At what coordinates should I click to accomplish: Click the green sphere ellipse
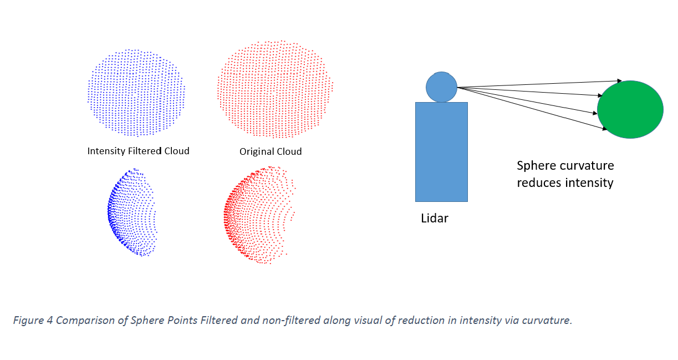(x=630, y=110)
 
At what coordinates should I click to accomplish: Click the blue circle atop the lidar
(x=441, y=87)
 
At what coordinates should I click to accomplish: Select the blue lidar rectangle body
(x=441, y=151)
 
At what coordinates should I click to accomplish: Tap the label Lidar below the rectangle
(x=434, y=219)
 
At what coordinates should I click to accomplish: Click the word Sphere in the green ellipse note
(x=535, y=166)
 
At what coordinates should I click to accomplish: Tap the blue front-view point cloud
(x=136, y=93)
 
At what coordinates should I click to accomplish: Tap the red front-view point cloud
(x=274, y=89)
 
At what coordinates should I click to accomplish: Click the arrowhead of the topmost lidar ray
(x=619, y=81)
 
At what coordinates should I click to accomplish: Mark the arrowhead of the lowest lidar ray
(x=604, y=130)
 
